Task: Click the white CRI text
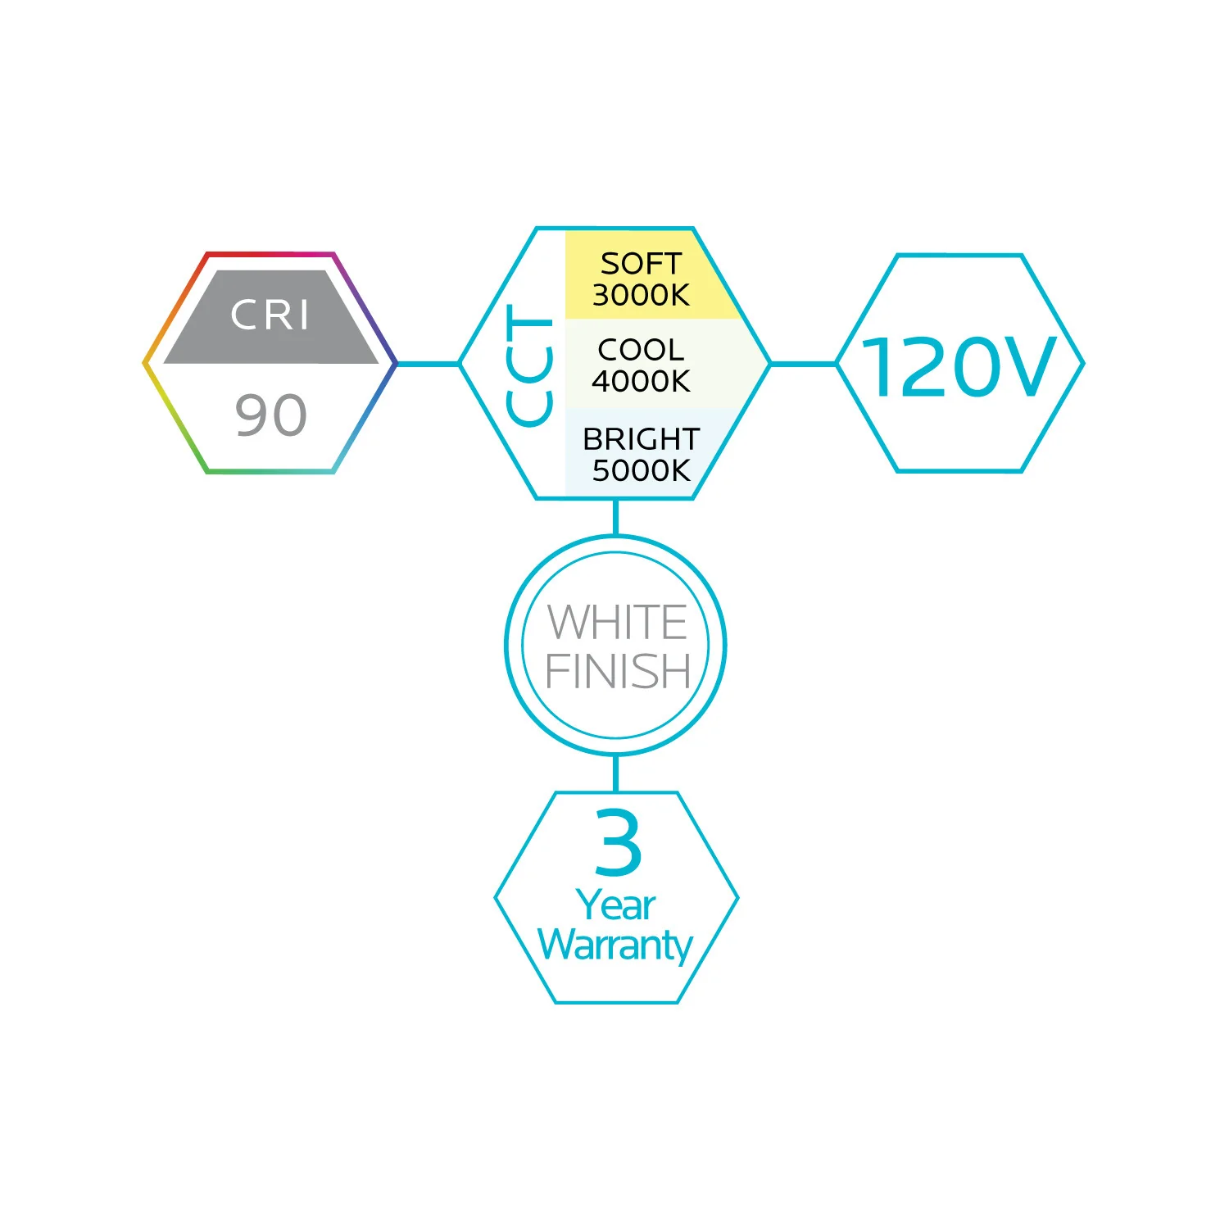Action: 270,315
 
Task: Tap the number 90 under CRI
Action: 270,415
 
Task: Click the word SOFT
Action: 641,264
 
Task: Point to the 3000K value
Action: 641,295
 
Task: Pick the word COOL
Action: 641,350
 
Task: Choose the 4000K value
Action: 641,381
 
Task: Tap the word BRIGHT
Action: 641,439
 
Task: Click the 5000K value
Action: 641,470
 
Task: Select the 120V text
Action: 959,367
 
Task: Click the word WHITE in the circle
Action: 617,623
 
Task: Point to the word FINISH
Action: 618,672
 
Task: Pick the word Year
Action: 616,905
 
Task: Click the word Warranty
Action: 615,946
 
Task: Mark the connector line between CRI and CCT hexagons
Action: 428,364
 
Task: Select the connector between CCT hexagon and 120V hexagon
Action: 803,364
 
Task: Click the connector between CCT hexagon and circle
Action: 615,517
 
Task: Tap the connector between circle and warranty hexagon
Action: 615,773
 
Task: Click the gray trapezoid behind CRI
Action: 271,316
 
